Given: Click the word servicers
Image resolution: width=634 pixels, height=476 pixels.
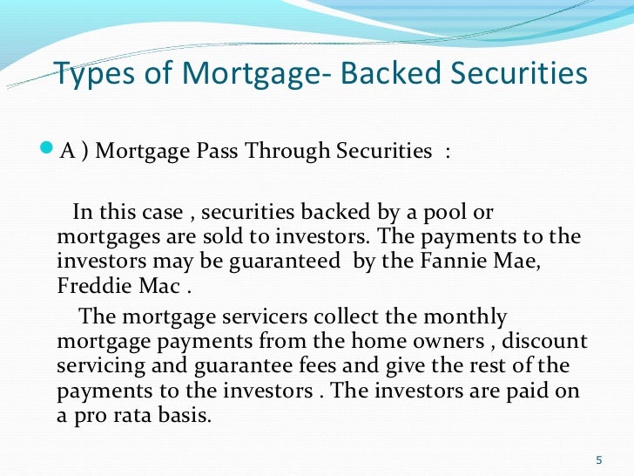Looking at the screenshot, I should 237,316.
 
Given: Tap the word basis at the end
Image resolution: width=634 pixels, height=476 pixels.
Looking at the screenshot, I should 187,416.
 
